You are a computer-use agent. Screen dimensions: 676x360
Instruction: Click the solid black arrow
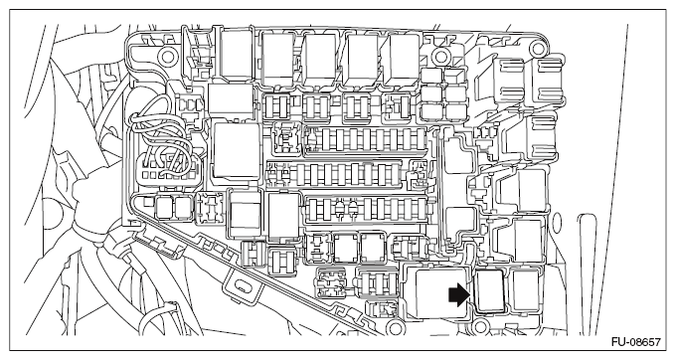(456, 293)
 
